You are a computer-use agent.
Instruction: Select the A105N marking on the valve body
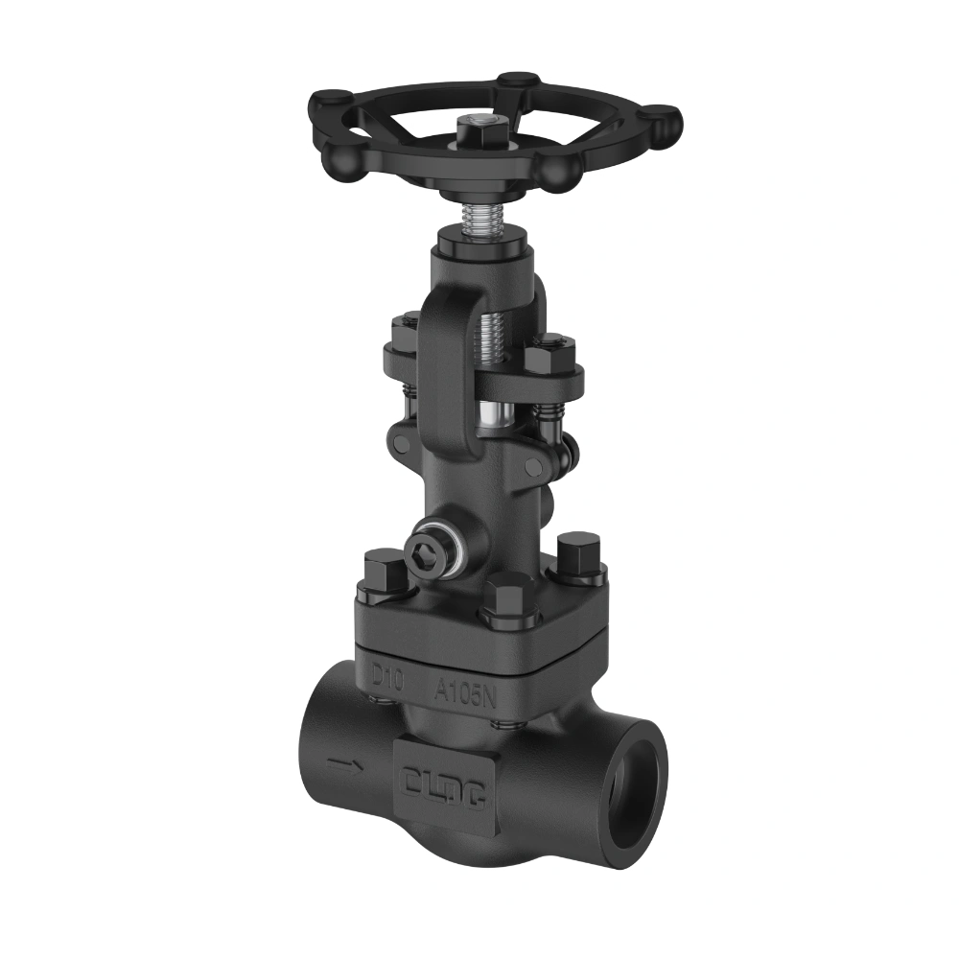click(x=465, y=690)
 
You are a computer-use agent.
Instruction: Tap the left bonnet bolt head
click(x=386, y=573)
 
